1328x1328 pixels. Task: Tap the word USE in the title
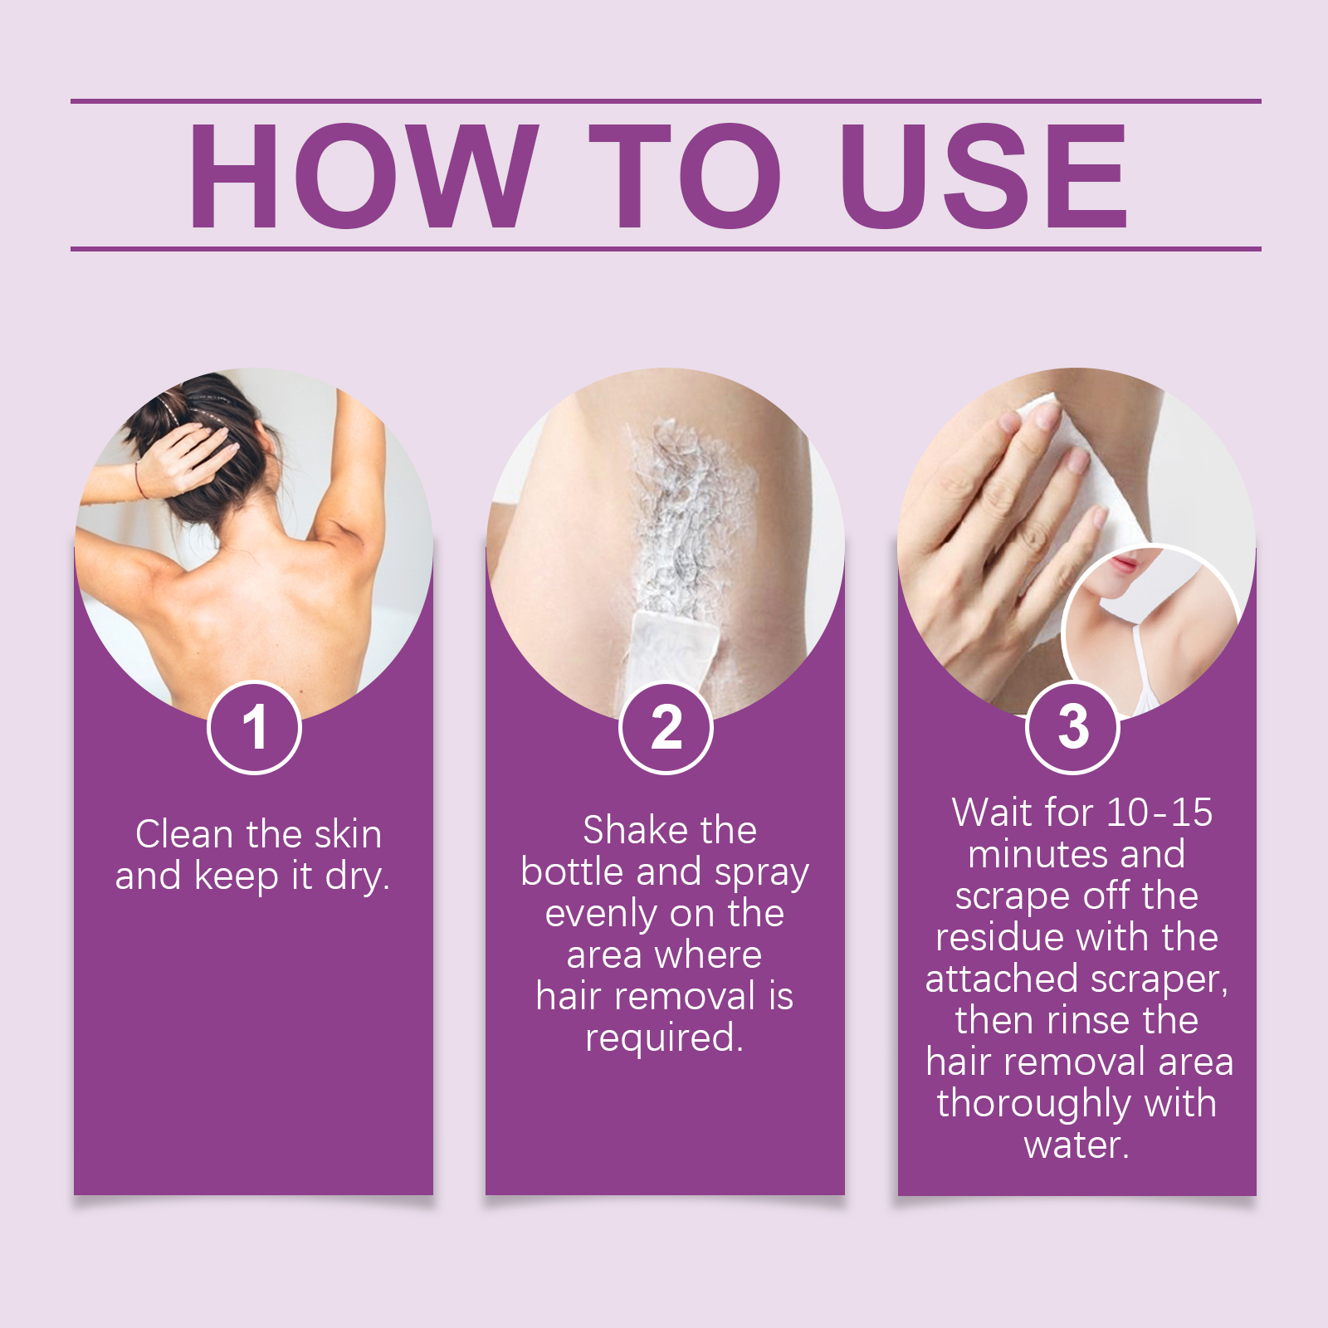pos(983,176)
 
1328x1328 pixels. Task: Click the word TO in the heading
pos(685,176)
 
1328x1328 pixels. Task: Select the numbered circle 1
pos(254,728)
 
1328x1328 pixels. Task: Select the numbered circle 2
pos(666,728)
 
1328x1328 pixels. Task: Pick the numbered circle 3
pos(1072,728)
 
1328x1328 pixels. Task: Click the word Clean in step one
pos(184,834)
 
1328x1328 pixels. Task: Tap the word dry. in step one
pos(358,876)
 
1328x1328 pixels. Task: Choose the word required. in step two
pos(664,1038)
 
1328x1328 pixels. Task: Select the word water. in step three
pos(1077,1145)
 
